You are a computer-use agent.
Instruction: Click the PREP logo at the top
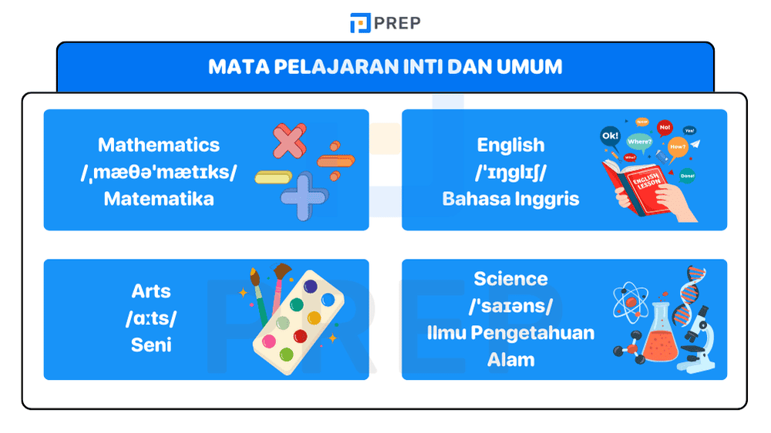(x=385, y=23)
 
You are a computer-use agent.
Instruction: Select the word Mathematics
(x=159, y=145)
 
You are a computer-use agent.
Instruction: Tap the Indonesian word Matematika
(x=159, y=199)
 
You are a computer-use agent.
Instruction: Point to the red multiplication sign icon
(x=288, y=143)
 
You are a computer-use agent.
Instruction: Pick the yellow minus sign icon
(x=276, y=177)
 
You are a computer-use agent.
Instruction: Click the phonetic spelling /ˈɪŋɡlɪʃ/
(x=510, y=172)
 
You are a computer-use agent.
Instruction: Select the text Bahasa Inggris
(x=510, y=199)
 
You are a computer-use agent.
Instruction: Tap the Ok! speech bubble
(x=610, y=136)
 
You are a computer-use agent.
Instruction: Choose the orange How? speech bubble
(x=678, y=146)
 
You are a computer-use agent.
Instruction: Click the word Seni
(x=151, y=344)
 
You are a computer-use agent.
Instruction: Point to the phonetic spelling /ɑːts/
(x=151, y=317)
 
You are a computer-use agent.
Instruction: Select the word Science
(x=510, y=279)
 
